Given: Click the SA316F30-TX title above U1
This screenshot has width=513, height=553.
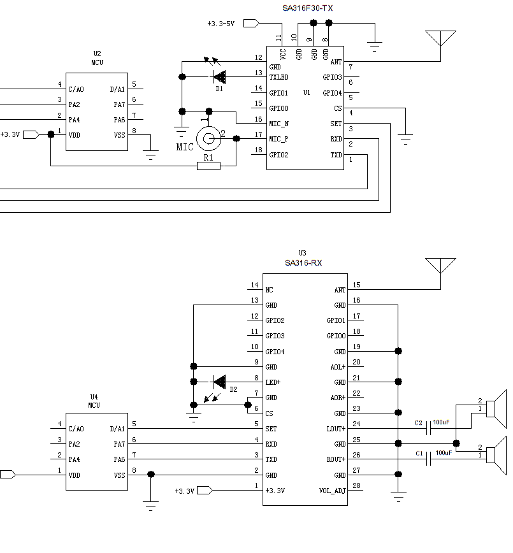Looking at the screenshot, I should pyautogui.click(x=308, y=8).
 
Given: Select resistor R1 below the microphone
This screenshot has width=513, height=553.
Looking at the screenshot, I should pyautogui.click(x=208, y=166).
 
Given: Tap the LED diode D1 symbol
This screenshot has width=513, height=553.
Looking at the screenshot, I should pyautogui.click(x=219, y=77).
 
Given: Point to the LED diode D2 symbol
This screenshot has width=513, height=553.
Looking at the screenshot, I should pyautogui.click(x=219, y=382).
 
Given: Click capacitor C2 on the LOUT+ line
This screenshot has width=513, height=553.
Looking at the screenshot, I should pyautogui.click(x=429, y=429).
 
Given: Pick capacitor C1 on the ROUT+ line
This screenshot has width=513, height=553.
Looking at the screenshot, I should pyautogui.click(x=429, y=460).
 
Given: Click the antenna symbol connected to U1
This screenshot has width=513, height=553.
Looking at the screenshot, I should pyautogui.click(x=441, y=38).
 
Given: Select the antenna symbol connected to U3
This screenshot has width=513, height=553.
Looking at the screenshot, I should pyautogui.click(x=441, y=266).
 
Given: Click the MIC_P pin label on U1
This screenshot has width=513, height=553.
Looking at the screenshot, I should pyautogui.click(x=278, y=140).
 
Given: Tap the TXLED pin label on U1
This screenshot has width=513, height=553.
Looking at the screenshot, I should pyautogui.click(x=278, y=77).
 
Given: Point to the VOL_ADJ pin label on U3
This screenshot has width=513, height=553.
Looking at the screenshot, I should pyautogui.click(x=332, y=491).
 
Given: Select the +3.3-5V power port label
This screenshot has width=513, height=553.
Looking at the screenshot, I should pyautogui.click(x=220, y=24).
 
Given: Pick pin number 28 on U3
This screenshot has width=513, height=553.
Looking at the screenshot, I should pyautogui.click(x=356, y=486).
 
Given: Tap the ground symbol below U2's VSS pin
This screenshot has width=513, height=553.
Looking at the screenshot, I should pyautogui.click(x=151, y=153).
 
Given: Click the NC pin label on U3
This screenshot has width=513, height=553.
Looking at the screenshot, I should pyautogui.click(x=270, y=290).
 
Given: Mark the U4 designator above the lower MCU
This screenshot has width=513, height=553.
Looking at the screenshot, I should pyautogui.click(x=94, y=397).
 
